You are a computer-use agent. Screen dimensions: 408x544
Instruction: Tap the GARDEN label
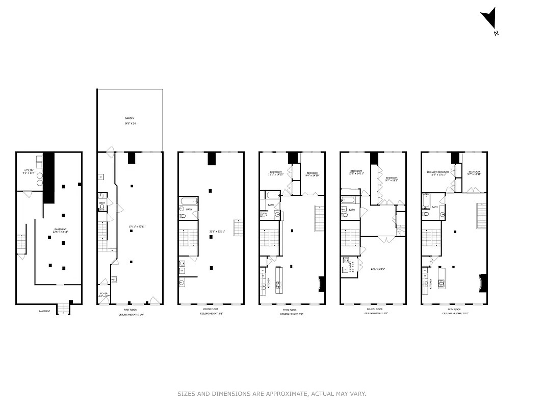coord(129,118)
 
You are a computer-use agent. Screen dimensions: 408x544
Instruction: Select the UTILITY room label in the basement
coord(29,170)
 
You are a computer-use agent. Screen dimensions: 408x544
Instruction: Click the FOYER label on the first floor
coord(103,294)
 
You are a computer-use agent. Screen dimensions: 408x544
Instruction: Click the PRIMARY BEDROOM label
coord(438,172)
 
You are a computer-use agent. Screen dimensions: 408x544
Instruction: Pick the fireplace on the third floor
coord(321,284)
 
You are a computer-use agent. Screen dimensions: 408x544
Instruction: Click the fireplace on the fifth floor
coord(483,283)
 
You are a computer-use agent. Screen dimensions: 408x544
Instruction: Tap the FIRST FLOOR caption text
coord(130,310)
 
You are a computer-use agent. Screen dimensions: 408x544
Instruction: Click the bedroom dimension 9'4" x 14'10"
coord(312,175)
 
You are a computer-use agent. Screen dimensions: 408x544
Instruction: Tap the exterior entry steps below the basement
coord(63,309)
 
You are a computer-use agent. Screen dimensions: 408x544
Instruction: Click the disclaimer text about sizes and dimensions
coord(272,394)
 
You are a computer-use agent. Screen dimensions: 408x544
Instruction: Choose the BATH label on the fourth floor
coord(352,210)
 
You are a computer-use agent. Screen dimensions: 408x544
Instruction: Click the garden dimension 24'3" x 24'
coord(129,123)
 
